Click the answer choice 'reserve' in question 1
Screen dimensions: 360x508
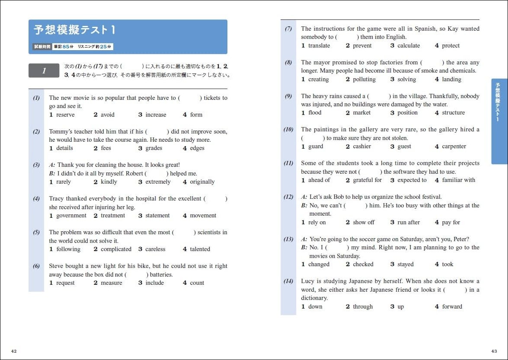click(x=65, y=115)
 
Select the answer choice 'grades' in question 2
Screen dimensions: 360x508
click(x=153, y=148)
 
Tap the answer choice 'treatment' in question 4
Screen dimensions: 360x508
click(x=112, y=216)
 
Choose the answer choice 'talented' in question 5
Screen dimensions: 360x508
click(x=200, y=249)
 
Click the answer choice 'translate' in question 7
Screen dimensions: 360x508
click(x=319, y=46)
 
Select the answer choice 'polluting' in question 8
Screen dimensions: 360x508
click(x=364, y=80)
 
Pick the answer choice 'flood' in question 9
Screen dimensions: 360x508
click(x=315, y=113)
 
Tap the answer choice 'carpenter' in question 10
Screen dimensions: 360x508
click(x=454, y=147)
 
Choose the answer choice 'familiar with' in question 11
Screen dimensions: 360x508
click(x=458, y=180)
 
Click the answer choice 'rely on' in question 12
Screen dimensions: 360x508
click(x=317, y=223)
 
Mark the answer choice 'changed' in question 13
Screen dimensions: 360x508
click(x=319, y=264)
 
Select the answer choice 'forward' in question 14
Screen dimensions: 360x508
click(x=452, y=307)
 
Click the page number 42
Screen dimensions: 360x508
click(x=14, y=351)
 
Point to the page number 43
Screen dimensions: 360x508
click(x=494, y=351)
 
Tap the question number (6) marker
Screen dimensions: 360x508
click(x=36, y=266)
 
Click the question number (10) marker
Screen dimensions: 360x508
click(x=288, y=130)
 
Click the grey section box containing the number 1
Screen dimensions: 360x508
click(x=44, y=70)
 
